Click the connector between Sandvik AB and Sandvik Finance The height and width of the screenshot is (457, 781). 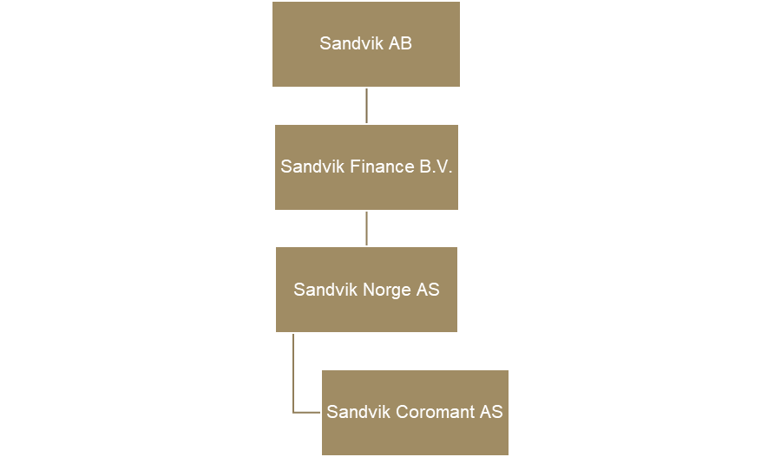click(x=366, y=105)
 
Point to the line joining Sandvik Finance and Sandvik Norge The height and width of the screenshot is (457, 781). click(x=366, y=228)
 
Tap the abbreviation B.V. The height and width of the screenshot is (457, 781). click(x=436, y=166)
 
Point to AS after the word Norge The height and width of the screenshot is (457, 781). click(x=428, y=290)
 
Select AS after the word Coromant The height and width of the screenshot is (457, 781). click(x=491, y=413)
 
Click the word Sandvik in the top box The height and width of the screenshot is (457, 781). click(x=346, y=43)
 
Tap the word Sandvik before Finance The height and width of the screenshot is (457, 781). click(x=312, y=166)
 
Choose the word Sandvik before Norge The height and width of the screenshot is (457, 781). click(x=325, y=290)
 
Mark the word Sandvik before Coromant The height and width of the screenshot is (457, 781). click(x=358, y=413)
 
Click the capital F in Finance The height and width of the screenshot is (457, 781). click(x=355, y=166)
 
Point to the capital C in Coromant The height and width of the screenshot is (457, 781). click(x=401, y=413)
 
